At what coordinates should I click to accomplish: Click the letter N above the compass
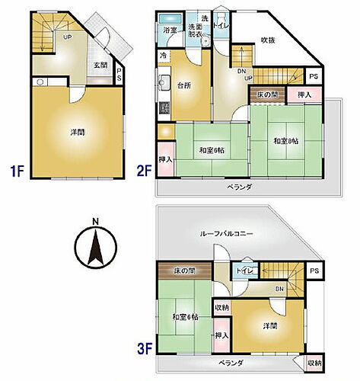94,223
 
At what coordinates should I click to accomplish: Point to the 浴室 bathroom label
169,31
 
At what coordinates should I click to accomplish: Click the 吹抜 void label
268,40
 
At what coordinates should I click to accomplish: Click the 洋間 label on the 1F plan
77,132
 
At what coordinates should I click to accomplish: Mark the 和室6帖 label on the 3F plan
185,317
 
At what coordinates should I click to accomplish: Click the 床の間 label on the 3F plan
185,271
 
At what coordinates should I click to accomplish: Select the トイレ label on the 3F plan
245,271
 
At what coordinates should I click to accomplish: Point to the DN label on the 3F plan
279,289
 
